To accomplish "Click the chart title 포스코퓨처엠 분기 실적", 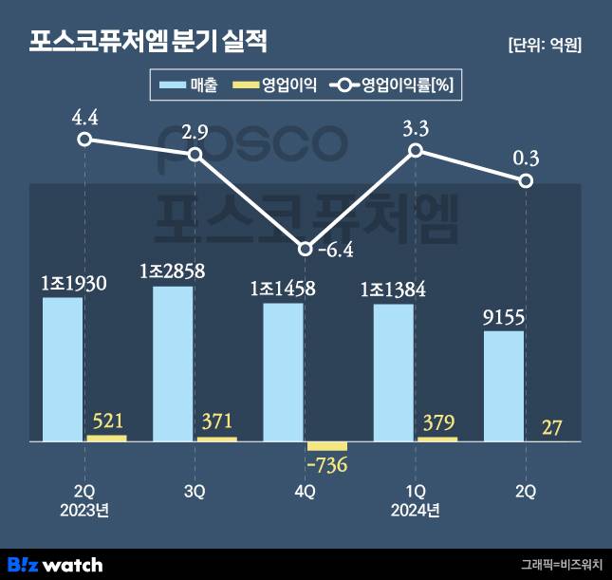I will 149,41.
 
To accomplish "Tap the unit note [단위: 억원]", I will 545,45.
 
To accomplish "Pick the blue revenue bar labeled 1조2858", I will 173,364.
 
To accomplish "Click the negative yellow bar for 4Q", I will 327,446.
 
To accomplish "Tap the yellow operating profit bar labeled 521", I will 106,438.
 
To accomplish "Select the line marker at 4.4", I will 84,140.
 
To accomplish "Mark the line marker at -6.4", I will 305,250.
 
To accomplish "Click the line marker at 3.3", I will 415,151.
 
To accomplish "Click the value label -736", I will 327,466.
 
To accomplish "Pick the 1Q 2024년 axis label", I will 415,500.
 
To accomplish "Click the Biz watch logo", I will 54,564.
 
